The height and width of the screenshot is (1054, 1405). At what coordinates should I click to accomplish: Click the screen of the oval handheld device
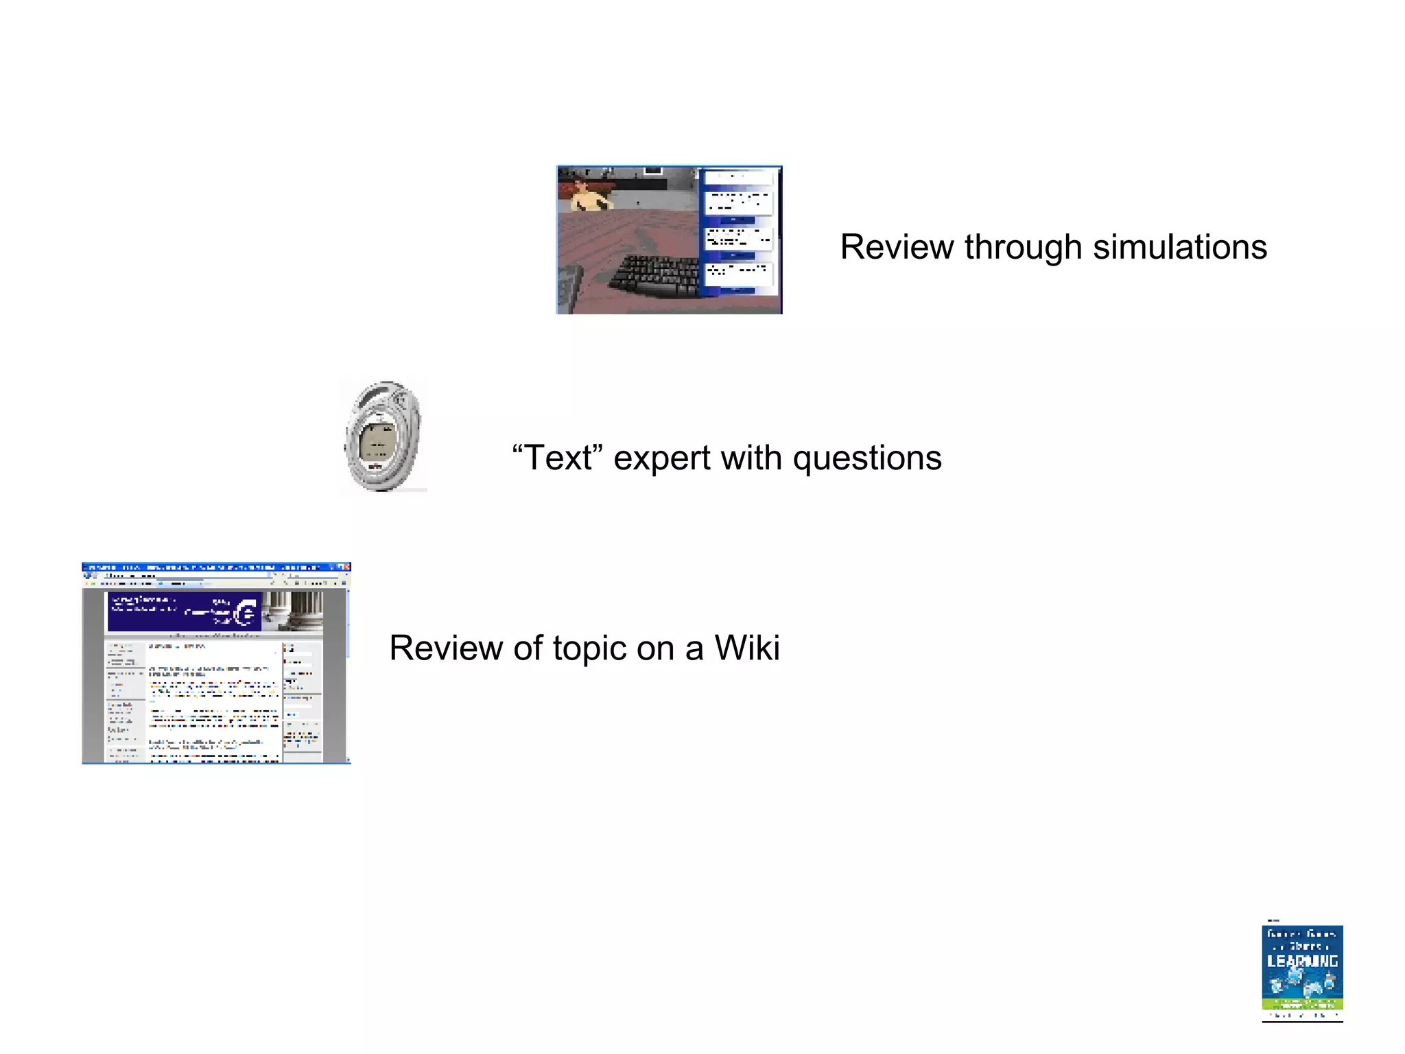(378, 440)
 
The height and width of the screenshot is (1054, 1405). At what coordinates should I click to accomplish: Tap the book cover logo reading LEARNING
(1301, 961)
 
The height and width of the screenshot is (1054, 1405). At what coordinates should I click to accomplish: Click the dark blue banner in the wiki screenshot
(184, 611)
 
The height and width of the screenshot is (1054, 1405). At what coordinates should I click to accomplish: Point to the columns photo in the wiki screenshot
(293, 611)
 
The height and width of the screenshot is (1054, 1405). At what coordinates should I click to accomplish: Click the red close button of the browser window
(346, 567)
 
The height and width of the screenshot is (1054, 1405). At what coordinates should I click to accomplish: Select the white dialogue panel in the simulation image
(739, 233)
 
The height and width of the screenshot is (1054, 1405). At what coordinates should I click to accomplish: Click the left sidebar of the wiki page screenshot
(124, 700)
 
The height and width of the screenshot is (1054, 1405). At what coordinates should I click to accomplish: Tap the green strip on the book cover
(1301, 1004)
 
